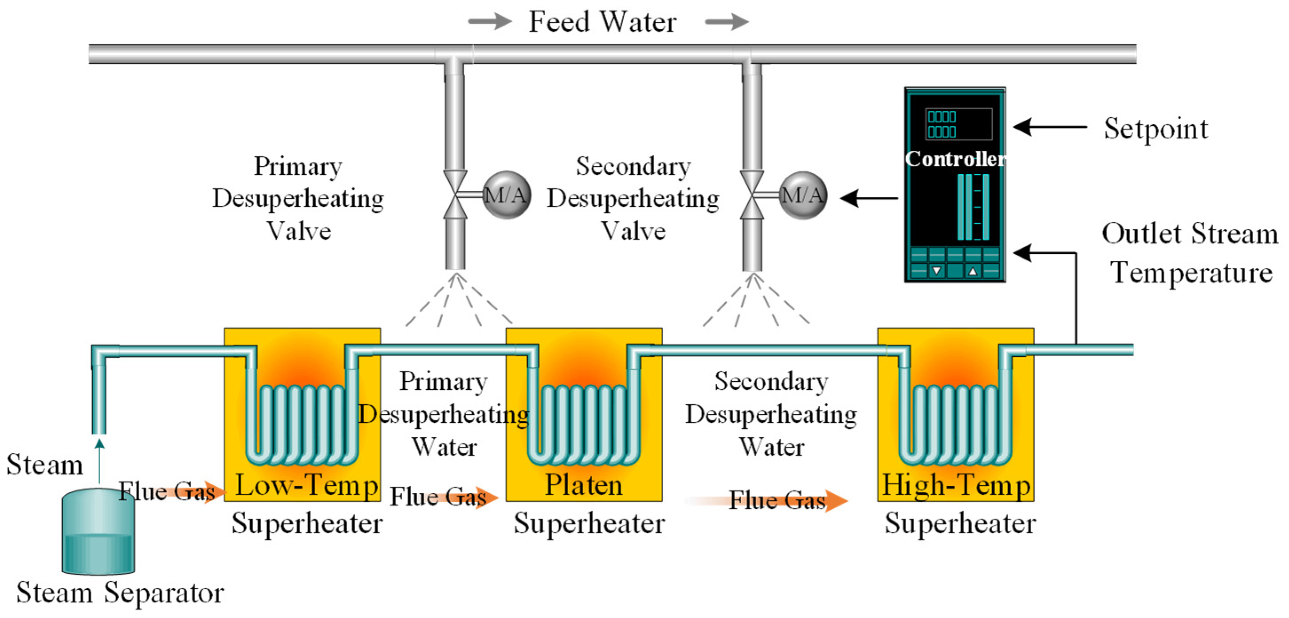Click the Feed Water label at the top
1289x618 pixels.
(x=602, y=22)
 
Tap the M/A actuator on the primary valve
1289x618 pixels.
(x=507, y=195)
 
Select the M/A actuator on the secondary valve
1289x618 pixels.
(x=802, y=195)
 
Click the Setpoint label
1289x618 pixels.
(x=1156, y=129)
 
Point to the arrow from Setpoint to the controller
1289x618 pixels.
(x=1050, y=127)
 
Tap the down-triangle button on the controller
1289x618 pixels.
(x=936, y=271)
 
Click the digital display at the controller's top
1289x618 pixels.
(x=958, y=124)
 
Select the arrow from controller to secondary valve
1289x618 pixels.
(x=869, y=198)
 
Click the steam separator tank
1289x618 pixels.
(x=98, y=531)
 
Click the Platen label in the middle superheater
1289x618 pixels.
(x=583, y=484)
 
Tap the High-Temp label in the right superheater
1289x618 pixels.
(x=956, y=485)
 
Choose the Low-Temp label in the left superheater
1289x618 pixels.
(x=306, y=485)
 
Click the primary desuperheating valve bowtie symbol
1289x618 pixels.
(x=456, y=195)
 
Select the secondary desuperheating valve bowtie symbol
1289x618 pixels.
(x=752, y=195)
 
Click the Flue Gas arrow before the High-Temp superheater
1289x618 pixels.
(x=766, y=500)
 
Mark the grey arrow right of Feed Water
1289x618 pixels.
(x=727, y=22)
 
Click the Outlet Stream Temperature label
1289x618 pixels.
(x=1190, y=253)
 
